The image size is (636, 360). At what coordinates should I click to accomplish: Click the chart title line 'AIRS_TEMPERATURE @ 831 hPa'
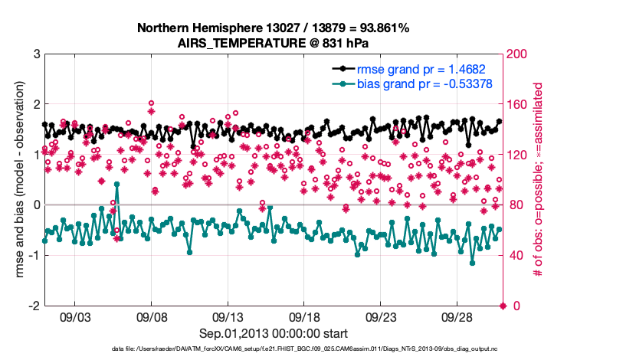coord(274,42)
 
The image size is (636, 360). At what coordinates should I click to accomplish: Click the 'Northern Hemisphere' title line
coord(274,28)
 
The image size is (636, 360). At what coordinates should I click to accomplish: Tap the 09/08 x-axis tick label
coord(152,316)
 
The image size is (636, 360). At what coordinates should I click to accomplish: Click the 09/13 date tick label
coord(228,316)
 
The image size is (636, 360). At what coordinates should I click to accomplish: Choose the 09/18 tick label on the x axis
coord(304,316)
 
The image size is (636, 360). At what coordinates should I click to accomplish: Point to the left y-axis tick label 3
coord(36,54)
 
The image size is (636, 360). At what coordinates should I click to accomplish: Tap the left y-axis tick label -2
coord(34,306)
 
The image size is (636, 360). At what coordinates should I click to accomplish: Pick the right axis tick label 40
coord(515,255)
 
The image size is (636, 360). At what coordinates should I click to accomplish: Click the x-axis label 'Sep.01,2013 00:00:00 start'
coord(274,333)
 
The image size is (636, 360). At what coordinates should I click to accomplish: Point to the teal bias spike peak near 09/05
coord(116,185)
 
